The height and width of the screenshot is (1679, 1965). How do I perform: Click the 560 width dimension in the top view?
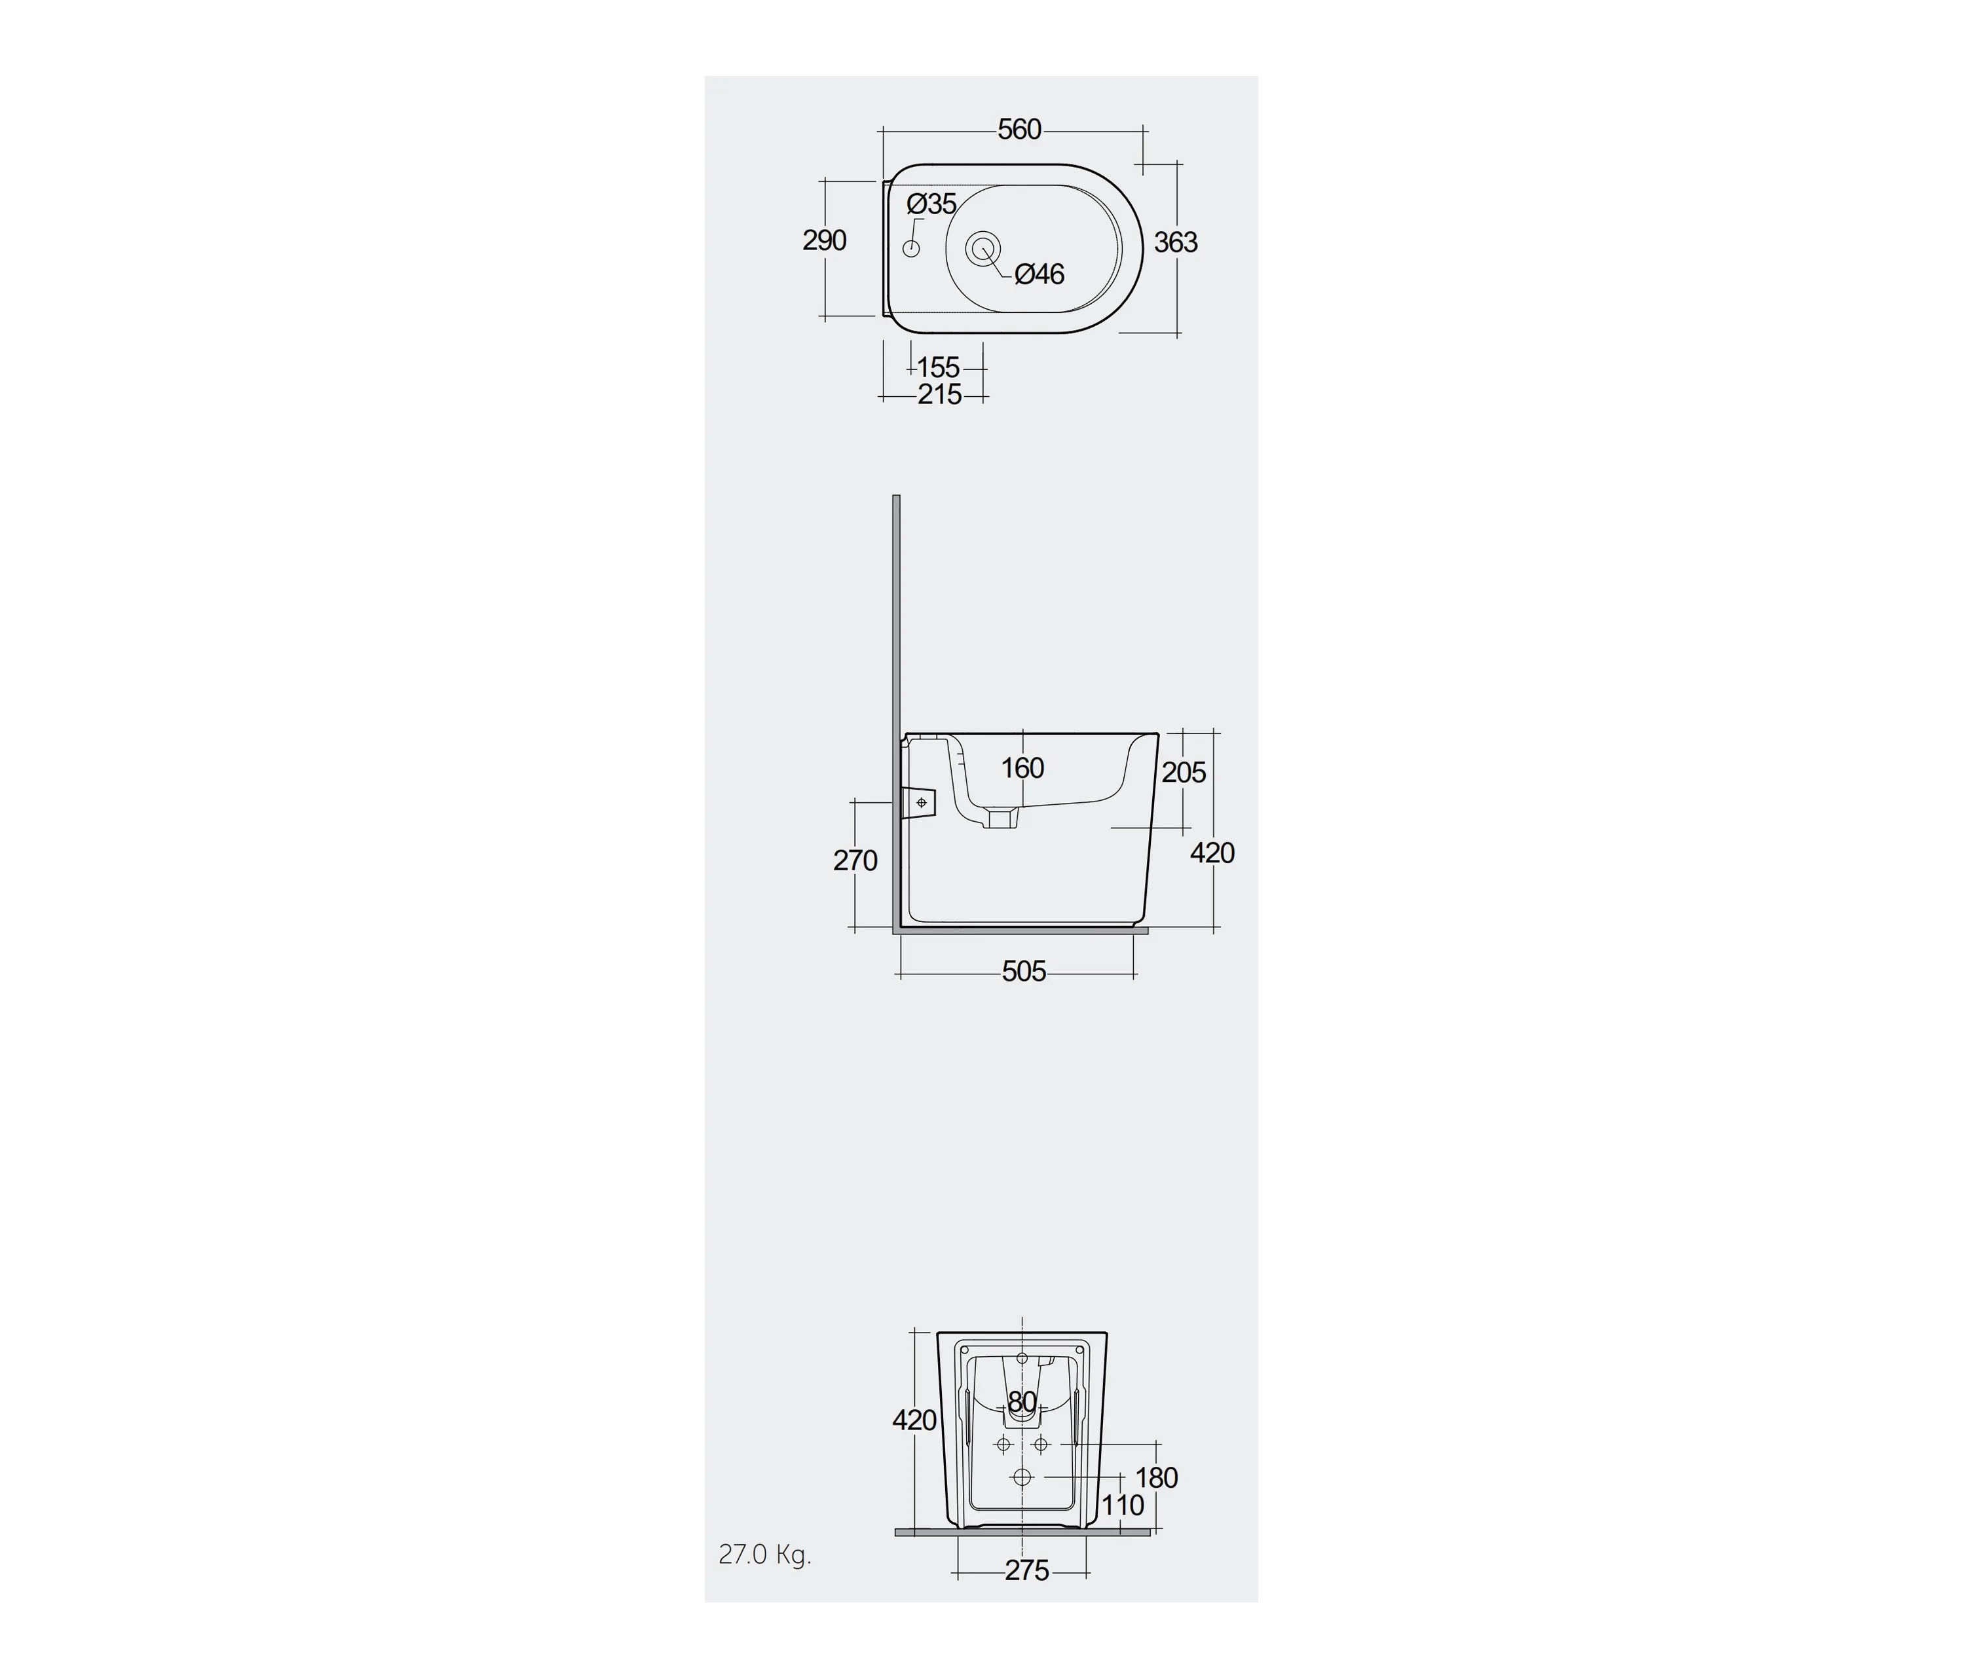1019,129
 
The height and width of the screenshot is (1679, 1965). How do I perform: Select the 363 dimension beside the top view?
1175,243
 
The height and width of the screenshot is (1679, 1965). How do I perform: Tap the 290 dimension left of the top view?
824,241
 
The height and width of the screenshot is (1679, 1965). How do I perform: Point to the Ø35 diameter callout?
931,204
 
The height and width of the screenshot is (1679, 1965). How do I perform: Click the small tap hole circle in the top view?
911,248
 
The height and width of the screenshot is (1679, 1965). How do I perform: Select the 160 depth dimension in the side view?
1022,768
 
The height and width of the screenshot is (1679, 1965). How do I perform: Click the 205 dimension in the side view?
1184,773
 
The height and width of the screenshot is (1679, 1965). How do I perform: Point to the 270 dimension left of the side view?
855,861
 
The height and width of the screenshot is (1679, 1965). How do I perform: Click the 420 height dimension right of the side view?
1212,853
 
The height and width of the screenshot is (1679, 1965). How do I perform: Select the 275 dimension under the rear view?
1027,1571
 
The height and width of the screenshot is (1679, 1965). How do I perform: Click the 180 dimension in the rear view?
1156,1477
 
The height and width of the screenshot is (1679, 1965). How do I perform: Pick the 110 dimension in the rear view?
1123,1505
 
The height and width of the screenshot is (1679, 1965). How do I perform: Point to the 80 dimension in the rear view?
1021,1401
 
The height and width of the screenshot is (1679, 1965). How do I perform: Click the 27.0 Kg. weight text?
764,1554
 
